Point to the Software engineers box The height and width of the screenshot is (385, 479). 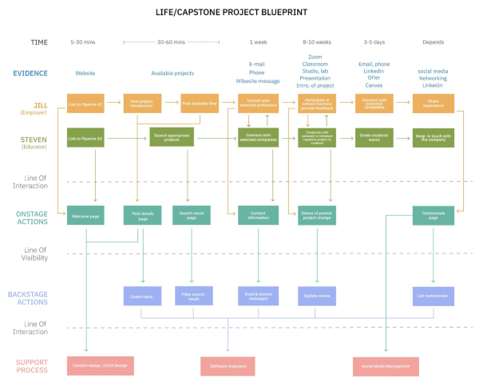click(x=228, y=366)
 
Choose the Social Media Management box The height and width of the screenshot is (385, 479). click(x=386, y=366)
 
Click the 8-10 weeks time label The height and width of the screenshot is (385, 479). click(x=318, y=42)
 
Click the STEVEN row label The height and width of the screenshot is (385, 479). click(x=34, y=139)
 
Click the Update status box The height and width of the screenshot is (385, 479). click(x=318, y=297)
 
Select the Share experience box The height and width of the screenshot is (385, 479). click(x=433, y=103)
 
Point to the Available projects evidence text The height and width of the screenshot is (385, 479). click(x=172, y=73)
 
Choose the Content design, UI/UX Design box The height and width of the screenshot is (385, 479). click(x=99, y=366)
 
